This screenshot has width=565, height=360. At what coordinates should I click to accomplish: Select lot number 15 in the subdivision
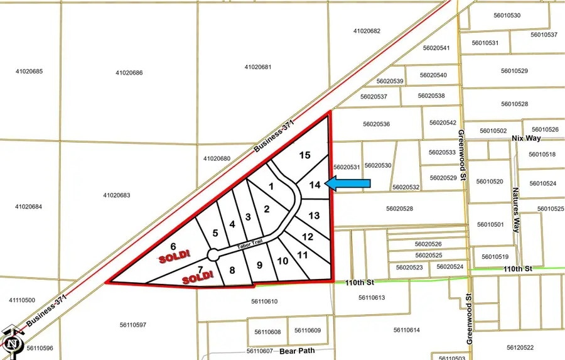pos(305,155)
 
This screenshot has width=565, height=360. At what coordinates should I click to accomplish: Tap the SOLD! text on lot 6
pos(171,258)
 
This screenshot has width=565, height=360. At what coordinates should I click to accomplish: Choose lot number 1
pos(271,186)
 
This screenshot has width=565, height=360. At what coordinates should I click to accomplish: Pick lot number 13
pos(315,215)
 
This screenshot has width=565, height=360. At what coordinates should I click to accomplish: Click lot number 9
pos(259,265)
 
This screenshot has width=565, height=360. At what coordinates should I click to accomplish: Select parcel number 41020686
pos(129,73)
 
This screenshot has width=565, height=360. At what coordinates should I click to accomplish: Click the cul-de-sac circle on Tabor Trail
pos(213,254)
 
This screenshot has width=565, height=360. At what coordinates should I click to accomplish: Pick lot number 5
pos(215,233)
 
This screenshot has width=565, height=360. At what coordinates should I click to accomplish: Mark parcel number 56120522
pos(520,347)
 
